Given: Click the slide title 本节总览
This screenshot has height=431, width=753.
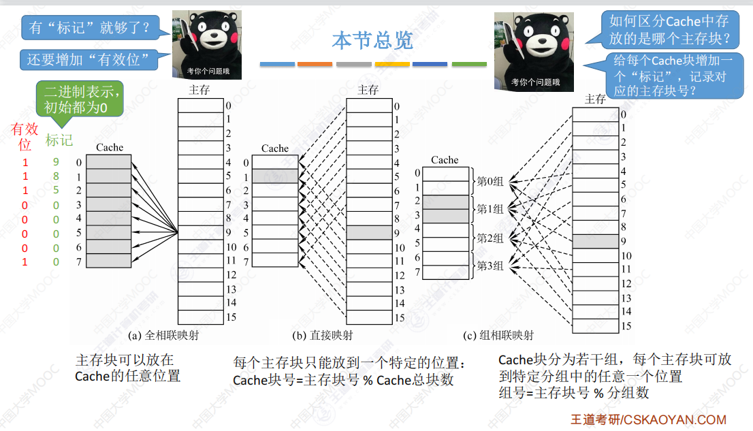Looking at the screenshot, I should click(372, 40).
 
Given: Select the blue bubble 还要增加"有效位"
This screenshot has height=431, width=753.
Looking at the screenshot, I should click(88, 60).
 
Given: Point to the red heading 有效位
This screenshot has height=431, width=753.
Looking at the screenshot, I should click(25, 136).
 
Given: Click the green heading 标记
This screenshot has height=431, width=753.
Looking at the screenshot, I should click(59, 141).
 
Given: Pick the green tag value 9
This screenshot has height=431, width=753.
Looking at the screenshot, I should click(56, 163).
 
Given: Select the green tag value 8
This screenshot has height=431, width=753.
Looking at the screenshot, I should click(56, 176).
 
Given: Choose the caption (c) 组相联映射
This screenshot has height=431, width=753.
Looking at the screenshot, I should click(498, 336).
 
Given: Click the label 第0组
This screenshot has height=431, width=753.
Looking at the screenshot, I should click(490, 182).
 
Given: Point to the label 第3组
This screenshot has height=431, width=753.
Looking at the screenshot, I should click(490, 266).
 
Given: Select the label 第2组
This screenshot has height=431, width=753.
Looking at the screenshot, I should click(490, 238).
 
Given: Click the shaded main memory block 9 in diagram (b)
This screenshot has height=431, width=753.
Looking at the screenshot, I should click(369, 233).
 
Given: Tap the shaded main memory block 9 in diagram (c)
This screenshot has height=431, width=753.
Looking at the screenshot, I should click(595, 241).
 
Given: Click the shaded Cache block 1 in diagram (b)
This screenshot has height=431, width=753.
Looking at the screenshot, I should click(275, 177).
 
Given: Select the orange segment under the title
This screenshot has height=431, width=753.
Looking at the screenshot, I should click(315, 64).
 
